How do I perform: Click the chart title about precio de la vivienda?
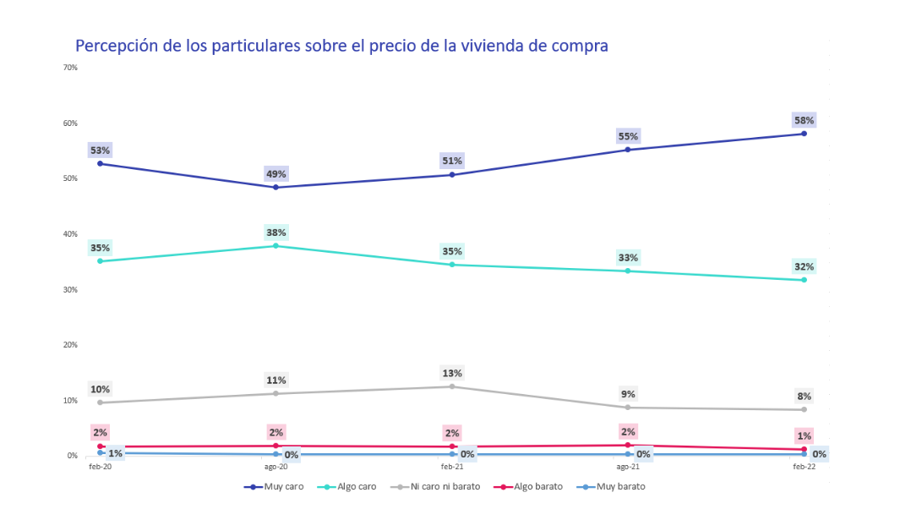(x=341, y=46)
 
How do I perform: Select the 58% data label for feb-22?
(x=804, y=120)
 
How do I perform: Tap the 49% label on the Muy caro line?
(x=276, y=174)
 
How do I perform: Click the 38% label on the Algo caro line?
(x=276, y=233)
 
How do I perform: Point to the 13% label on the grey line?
(x=452, y=373)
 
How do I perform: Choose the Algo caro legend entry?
(x=348, y=486)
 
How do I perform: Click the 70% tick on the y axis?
(x=71, y=68)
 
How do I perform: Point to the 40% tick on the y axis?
(x=71, y=234)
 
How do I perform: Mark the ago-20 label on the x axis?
(x=275, y=467)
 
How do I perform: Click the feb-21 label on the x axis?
(x=452, y=467)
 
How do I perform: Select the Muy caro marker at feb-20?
(x=101, y=163)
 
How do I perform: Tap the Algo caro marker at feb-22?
(x=804, y=280)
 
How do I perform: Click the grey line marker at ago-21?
(x=628, y=408)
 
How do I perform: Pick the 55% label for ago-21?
(x=628, y=136)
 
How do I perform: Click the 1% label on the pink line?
(x=804, y=436)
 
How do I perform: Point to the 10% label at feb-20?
(x=101, y=390)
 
